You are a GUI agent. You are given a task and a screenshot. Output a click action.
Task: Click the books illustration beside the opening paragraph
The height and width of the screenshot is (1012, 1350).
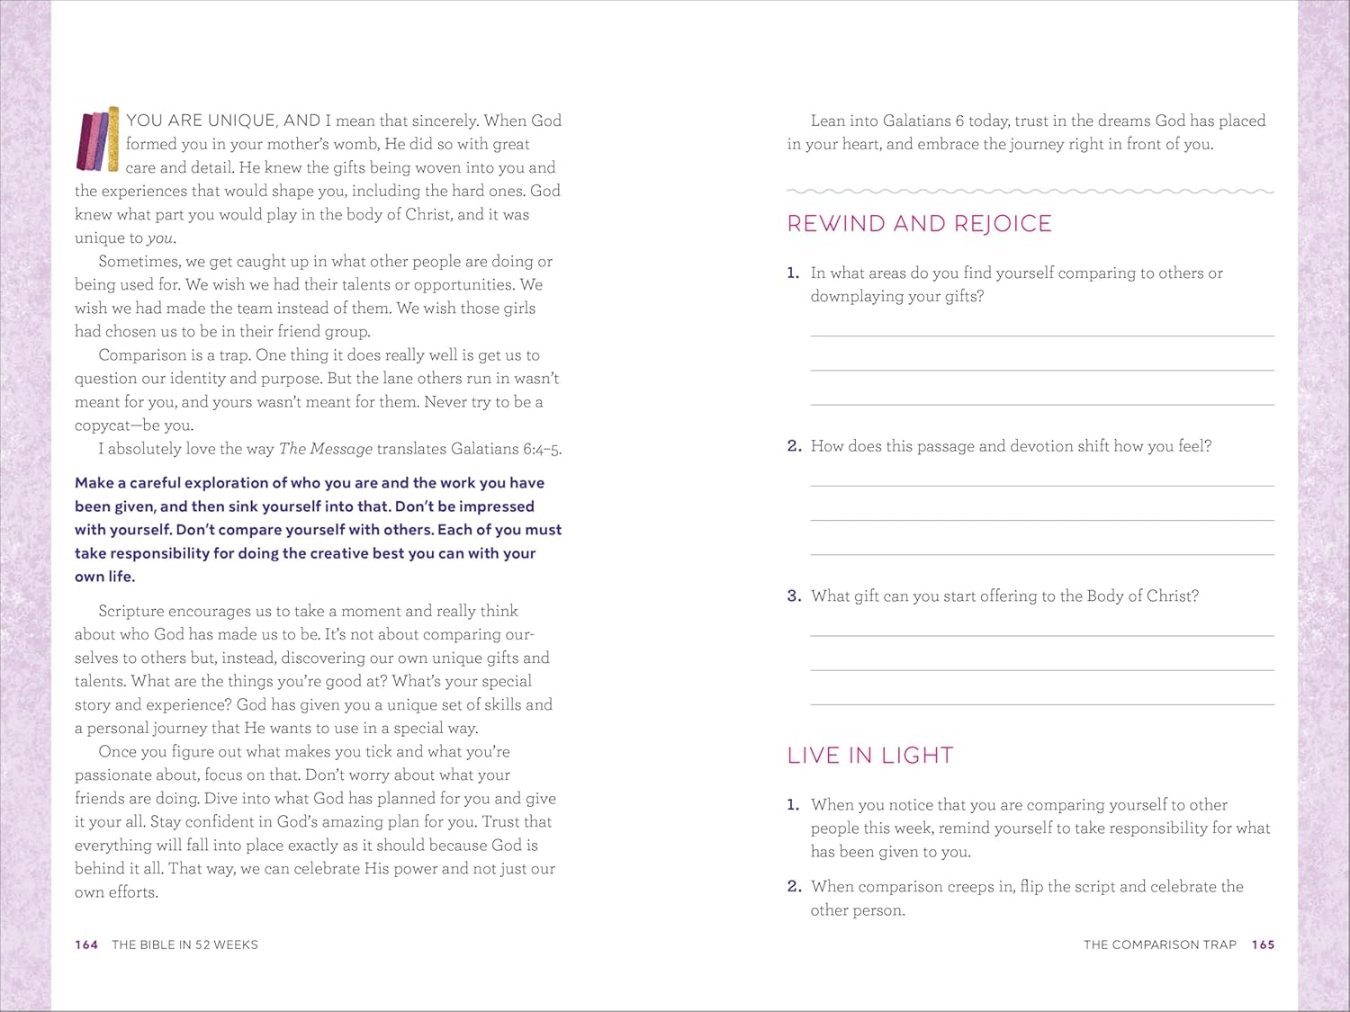[98, 139]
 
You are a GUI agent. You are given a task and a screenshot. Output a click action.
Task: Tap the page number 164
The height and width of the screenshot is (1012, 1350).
[86, 945]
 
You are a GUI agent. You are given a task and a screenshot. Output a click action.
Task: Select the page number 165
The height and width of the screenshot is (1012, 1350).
[1263, 945]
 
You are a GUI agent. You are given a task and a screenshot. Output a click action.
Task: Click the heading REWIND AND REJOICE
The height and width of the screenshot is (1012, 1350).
[919, 224]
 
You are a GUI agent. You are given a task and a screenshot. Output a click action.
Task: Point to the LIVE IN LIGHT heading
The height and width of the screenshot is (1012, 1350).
[869, 756]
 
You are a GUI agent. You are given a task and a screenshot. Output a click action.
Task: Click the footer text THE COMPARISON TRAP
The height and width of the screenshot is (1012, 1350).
[1159, 945]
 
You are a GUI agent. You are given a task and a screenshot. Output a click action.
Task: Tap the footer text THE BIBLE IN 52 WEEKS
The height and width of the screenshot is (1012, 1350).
[184, 945]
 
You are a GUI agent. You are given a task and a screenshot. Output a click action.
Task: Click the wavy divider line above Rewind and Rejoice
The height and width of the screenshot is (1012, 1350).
[1030, 192]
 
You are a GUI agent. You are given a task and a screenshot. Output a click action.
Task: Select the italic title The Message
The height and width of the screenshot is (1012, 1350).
[325, 449]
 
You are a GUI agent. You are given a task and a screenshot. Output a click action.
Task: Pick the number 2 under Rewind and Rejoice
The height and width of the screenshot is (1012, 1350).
[794, 446]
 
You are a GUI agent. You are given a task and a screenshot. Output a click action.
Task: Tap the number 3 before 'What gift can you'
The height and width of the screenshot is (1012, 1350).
[794, 596]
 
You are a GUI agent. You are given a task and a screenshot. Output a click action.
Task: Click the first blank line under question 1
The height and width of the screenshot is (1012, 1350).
[1041, 335]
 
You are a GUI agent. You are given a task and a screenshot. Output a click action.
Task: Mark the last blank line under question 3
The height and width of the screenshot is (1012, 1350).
[1041, 703]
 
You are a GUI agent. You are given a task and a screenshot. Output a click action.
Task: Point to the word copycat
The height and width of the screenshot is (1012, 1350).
[103, 425]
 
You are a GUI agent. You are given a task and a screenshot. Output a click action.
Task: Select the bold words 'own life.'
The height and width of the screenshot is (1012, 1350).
[104, 577]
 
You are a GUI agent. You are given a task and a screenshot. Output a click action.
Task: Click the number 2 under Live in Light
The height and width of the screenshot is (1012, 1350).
[794, 887]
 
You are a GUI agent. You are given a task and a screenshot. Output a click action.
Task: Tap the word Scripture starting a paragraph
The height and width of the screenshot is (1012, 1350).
[130, 612]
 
